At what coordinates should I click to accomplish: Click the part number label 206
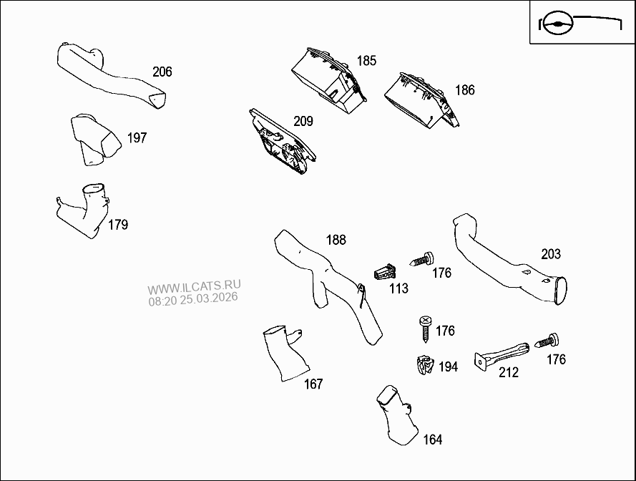(162, 72)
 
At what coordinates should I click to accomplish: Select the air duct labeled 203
(501, 258)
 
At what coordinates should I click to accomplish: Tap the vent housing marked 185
(328, 77)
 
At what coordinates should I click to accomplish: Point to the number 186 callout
(465, 90)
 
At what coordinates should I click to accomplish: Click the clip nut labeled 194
(426, 366)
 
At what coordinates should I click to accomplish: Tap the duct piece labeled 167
(284, 354)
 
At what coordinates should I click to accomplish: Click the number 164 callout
(433, 439)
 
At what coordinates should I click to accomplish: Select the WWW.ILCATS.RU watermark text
(192, 286)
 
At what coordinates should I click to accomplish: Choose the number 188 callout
(336, 240)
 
